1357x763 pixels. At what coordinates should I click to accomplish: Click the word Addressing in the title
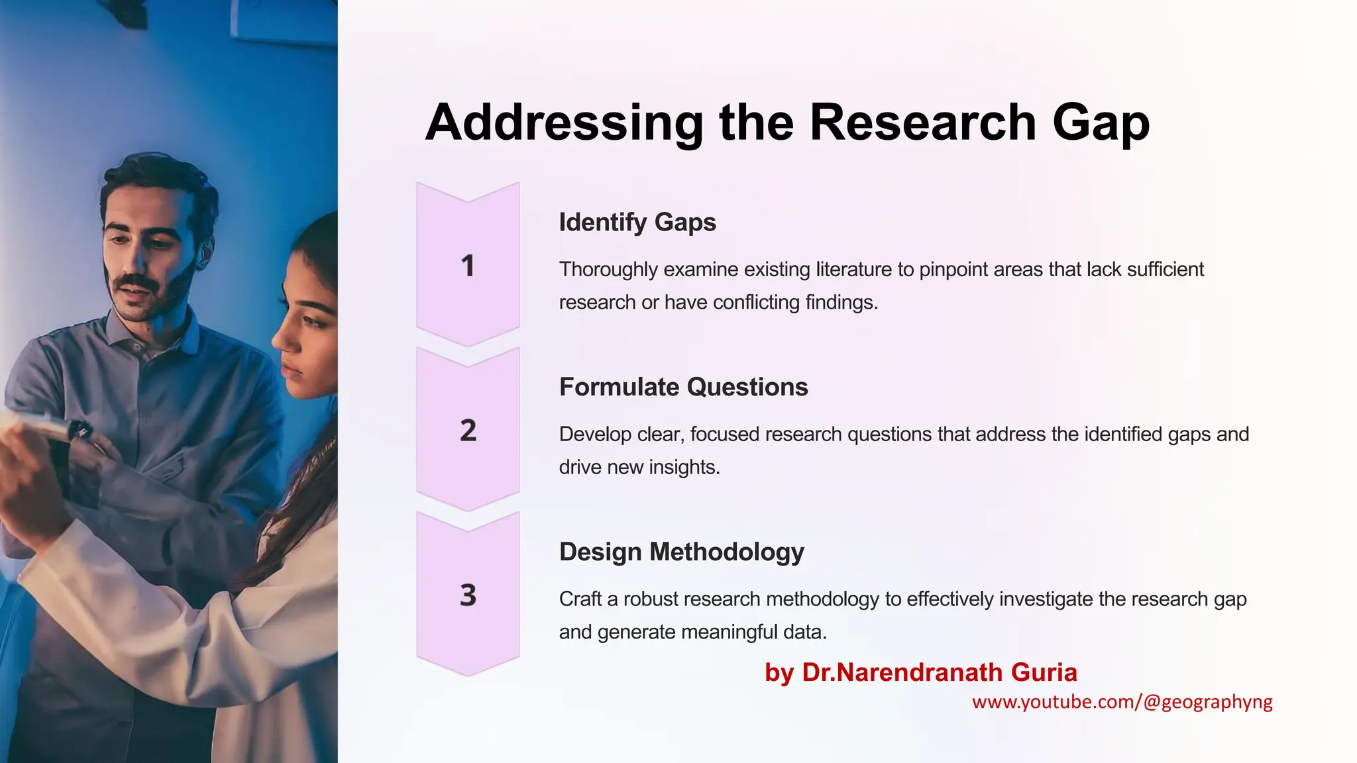coord(564,123)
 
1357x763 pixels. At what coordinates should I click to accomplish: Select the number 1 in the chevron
coord(468,266)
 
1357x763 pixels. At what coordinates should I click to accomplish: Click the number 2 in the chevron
coord(468,431)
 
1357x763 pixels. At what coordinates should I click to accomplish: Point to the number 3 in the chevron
coord(468,595)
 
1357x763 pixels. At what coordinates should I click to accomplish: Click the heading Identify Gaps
coord(637,223)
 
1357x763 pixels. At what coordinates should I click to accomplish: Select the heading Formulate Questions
coord(683,387)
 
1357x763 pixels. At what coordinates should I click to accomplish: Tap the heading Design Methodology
coord(681,552)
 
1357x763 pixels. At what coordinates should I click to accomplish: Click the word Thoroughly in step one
coord(608,270)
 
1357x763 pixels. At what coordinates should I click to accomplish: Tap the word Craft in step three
coord(580,599)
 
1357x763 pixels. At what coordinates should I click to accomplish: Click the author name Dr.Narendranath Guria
coord(939,672)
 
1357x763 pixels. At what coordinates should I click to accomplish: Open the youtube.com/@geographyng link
coord(1122,702)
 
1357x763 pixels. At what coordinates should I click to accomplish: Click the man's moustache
coord(136,282)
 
